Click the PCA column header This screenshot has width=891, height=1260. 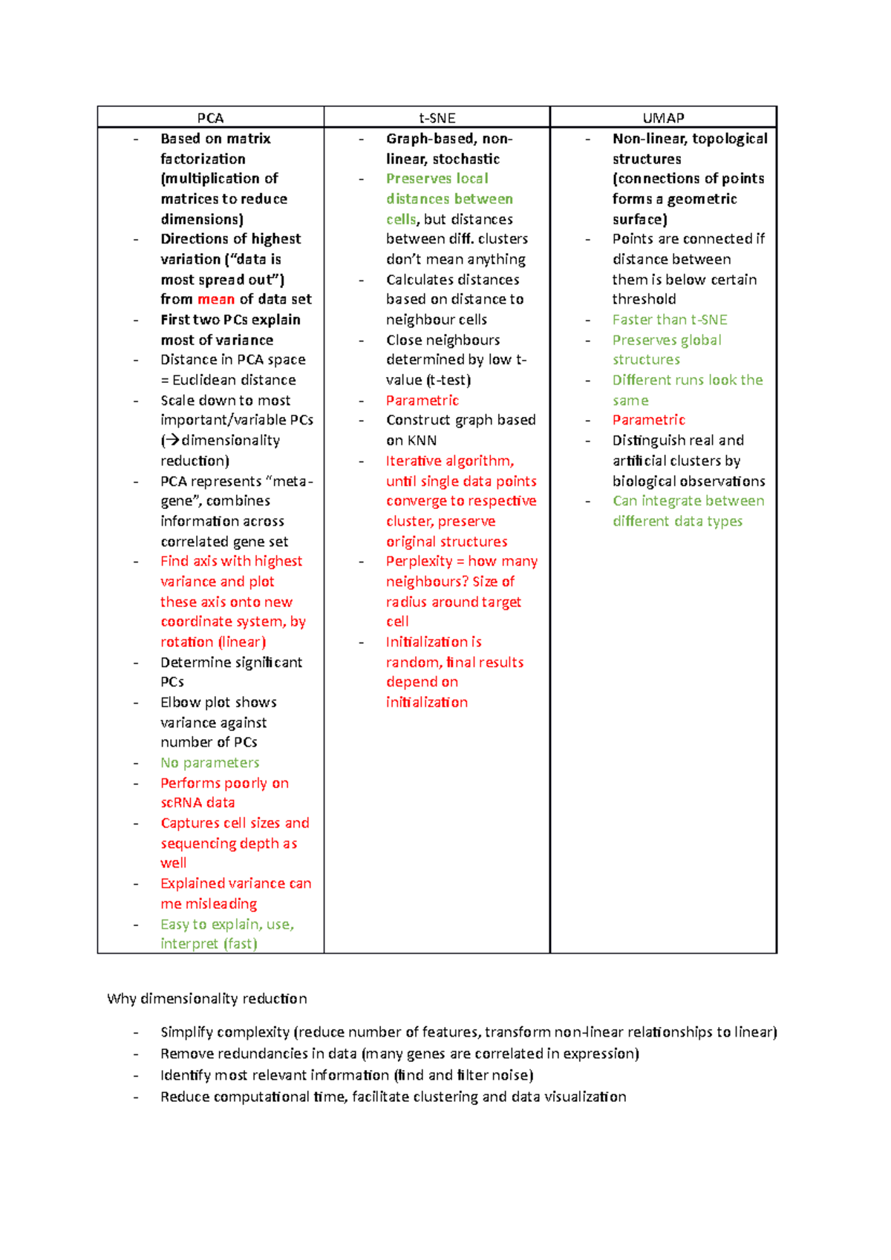(x=210, y=118)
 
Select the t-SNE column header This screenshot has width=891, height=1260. (x=437, y=118)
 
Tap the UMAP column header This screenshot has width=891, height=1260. (x=663, y=118)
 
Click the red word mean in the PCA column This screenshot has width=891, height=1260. (x=216, y=299)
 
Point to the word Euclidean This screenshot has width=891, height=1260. (x=205, y=380)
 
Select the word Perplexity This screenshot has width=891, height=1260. (x=419, y=562)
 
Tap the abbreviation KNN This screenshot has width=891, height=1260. (x=422, y=440)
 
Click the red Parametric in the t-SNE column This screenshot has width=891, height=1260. (x=422, y=400)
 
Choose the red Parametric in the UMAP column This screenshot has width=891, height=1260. (x=648, y=420)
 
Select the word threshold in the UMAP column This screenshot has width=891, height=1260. (x=644, y=299)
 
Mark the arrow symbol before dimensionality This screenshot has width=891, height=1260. (x=172, y=440)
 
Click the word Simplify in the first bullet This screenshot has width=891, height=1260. (x=186, y=1032)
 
